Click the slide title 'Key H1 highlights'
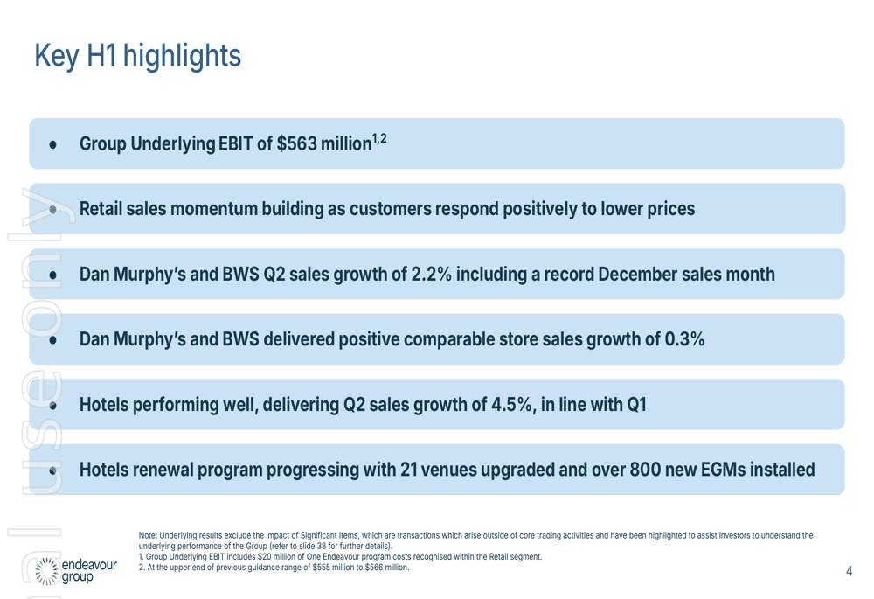pyautogui.click(x=137, y=56)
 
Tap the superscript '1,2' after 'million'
pyautogui.click(x=378, y=138)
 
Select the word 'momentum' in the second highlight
pyautogui.click(x=225, y=210)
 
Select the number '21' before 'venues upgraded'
pyautogui.click(x=411, y=470)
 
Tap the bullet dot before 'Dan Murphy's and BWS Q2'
pyautogui.click(x=53, y=275)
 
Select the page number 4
pyautogui.click(x=850, y=572)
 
